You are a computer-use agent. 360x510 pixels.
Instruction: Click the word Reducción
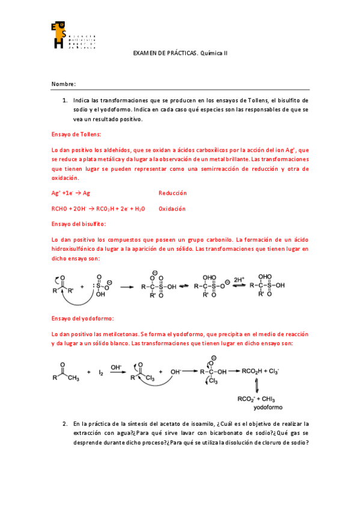(x=172, y=193)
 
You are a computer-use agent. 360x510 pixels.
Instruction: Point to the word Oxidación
(x=172, y=209)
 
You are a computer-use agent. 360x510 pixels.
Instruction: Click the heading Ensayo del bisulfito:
(x=79, y=224)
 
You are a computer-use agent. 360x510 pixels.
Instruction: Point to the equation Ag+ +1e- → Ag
(x=71, y=193)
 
